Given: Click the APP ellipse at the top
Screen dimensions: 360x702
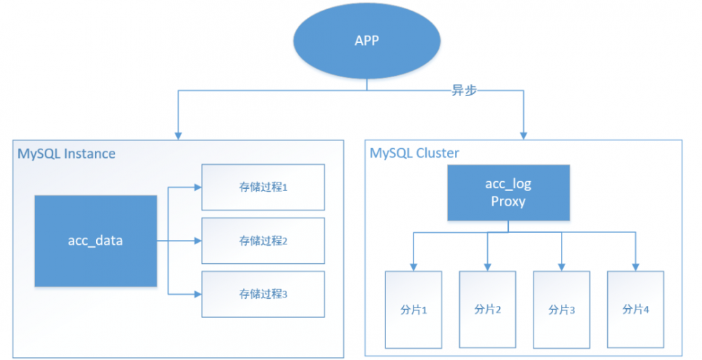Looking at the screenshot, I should coord(366,41).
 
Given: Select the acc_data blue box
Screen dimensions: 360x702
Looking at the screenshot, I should coord(95,241).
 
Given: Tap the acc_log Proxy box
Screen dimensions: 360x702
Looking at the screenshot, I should coord(508,192).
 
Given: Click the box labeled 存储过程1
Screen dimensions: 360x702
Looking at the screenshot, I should coord(263,187).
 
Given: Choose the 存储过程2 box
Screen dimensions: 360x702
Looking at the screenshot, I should coord(263,241).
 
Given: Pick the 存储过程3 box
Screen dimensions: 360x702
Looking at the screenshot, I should coord(263,294).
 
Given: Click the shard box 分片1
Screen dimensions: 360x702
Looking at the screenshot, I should coord(413,309).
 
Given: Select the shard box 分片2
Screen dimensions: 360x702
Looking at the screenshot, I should coord(487,309).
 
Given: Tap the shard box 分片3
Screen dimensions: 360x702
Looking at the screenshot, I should coord(562,309).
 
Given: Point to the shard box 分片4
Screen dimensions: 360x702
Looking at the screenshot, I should coord(635,309).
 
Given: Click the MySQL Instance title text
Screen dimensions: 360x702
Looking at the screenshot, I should coord(67,153).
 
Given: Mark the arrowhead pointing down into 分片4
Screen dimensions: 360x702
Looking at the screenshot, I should coord(635,266).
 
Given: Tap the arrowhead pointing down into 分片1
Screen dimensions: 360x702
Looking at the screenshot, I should coord(413,266).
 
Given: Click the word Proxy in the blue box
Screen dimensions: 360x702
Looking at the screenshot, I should coord(508,201).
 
